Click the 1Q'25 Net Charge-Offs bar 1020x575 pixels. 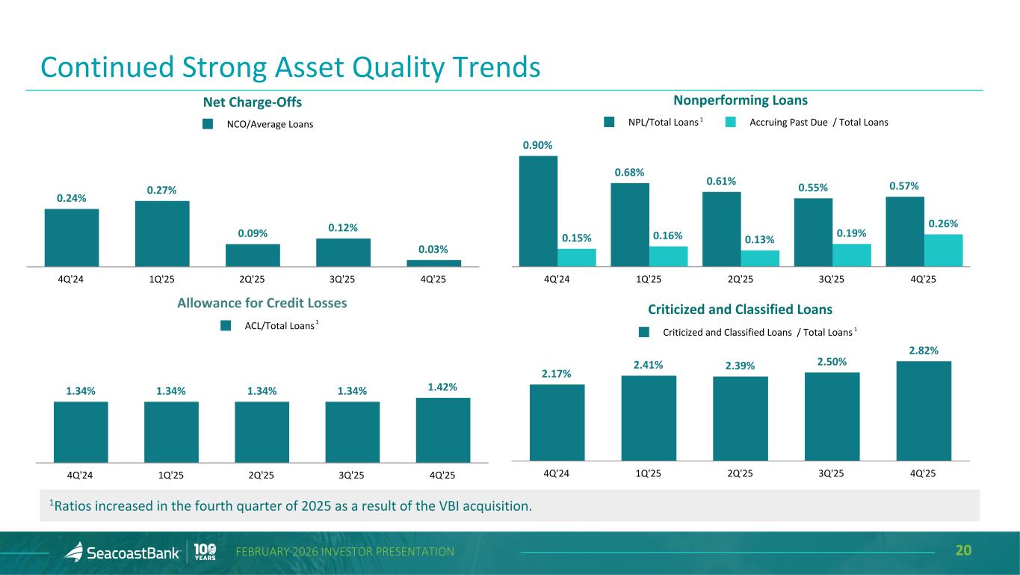pyautogui.click(x=162, y=233)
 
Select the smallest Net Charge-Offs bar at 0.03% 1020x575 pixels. pyautogui.click(x=433, y=262)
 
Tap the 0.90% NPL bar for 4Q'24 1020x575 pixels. pyautogui.click(x=538, y=210)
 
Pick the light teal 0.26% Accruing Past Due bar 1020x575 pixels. pyautogui.click(x=943, y=250)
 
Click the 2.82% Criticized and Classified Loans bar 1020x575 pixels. pyautogui.click(x=924, y=411)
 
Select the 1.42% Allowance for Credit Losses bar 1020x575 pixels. pyautogui.click(x=443, y=430)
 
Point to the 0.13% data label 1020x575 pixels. pyautogui.click(x=760, y=239)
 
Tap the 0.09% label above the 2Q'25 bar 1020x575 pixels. pyautogui.click(x=253, y=233)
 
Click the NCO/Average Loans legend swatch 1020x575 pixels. pyautogui.click(x=208, y=124)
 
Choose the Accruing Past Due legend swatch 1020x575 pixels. pyautogui.click(x=732, y=122)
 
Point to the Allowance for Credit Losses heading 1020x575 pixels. pyautogui.click(x=262, y=304)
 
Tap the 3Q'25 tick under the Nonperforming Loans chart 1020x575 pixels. pyautogui.click(x=832, y=279)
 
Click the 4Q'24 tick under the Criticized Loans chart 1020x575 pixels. pyautogui.click(x=557, y=473)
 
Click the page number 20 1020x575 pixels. pyautogui.click(x=964, y=552)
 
